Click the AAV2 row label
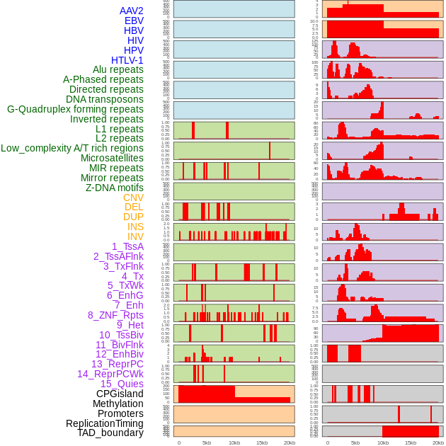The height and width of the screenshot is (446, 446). [x=131, y=11]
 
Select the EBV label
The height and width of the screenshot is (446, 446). [x=134, y=21]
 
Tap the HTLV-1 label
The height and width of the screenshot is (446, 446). [x=127, y=60]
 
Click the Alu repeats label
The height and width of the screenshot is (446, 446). [x=118, y=69]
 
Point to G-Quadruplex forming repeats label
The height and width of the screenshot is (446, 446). [x=75, y=109]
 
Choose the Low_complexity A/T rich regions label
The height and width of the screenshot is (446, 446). [x=72, y=148]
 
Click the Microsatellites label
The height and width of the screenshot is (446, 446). [x=112, y=158]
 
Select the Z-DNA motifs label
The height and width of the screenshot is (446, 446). [x=115, y=188]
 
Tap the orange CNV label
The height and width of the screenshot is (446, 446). [x=133, y=198]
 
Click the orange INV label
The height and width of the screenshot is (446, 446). [x=135, y=236]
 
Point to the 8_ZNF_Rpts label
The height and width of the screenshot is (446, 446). [x=115, y=315]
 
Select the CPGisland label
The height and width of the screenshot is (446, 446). [x=120, y=394]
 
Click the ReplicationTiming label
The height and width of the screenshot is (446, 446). [x=105, y=423]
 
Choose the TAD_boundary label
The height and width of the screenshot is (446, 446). [x=110, y=433]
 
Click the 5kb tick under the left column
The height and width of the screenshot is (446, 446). [x=207, y=442]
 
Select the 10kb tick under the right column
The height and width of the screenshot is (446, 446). [x=382, y=442]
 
